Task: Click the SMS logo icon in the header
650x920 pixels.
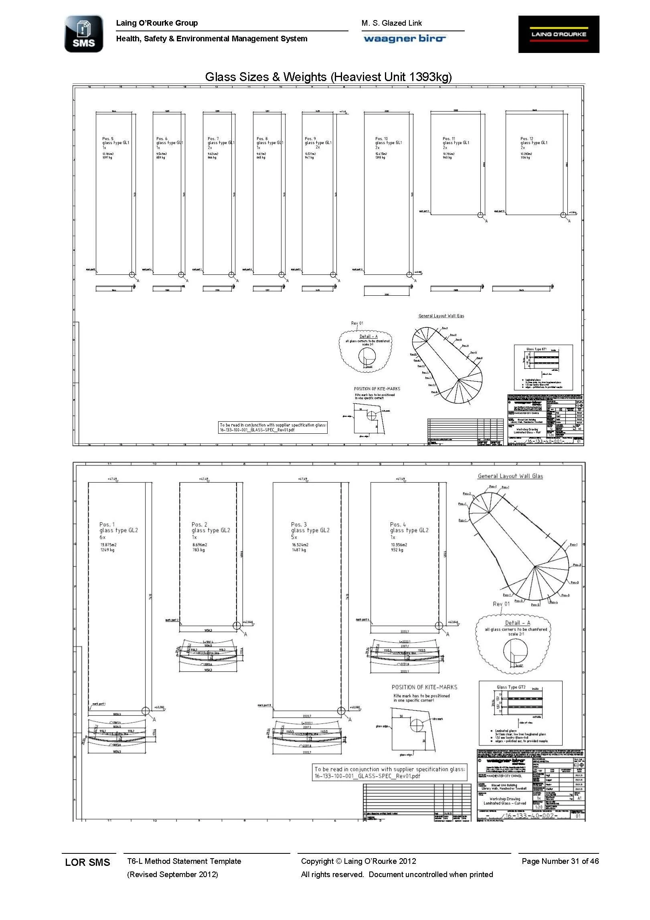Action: (84, 34)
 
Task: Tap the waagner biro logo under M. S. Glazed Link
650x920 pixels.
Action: (405, 39)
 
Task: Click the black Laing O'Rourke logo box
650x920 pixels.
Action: (559, 34)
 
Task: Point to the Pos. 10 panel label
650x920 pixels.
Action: (381, 139)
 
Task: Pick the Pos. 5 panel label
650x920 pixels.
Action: (107, 139)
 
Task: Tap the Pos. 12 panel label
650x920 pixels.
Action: (527, 139)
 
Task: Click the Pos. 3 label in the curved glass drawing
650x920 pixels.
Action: (299, 524)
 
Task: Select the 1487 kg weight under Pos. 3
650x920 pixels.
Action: (299, 550)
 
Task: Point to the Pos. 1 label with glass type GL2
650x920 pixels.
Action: (107, 524)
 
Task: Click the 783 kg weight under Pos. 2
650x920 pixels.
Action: (198, 550)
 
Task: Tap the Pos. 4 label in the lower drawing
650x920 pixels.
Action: (398, 524)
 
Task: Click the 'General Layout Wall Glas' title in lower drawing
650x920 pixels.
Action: (510, 476)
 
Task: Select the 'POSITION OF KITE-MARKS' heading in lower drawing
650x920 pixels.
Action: (424, 687)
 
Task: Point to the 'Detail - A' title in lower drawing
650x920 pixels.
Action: (517, 623)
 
